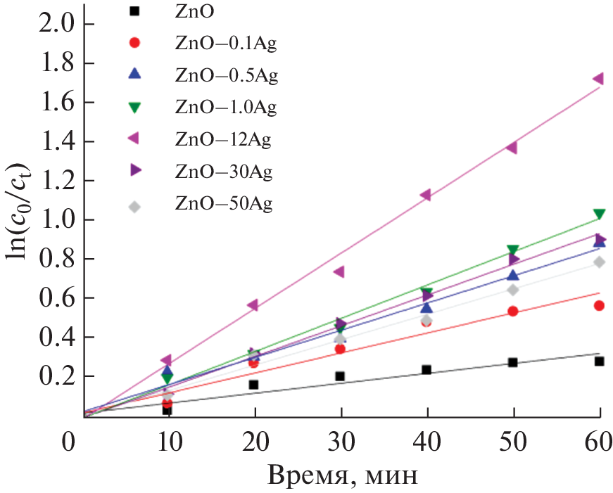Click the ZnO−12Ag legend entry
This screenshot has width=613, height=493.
click(222, 139)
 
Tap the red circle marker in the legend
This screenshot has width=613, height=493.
click(136, 43)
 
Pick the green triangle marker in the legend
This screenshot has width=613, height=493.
click(136, 107)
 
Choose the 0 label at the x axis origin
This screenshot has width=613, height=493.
click(68, 442)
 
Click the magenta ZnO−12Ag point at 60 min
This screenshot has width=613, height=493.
click(598, 79)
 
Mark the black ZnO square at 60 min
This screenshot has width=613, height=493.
click(599, 361)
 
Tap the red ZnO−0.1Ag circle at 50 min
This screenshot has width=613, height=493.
click(512, 311)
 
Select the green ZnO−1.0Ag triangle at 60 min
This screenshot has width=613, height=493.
click(599, 215)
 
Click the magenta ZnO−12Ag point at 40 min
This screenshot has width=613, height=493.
click(425, 196)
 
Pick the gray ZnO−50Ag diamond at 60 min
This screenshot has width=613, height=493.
click(599, 262)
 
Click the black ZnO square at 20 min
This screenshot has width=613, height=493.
click(253, 385)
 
